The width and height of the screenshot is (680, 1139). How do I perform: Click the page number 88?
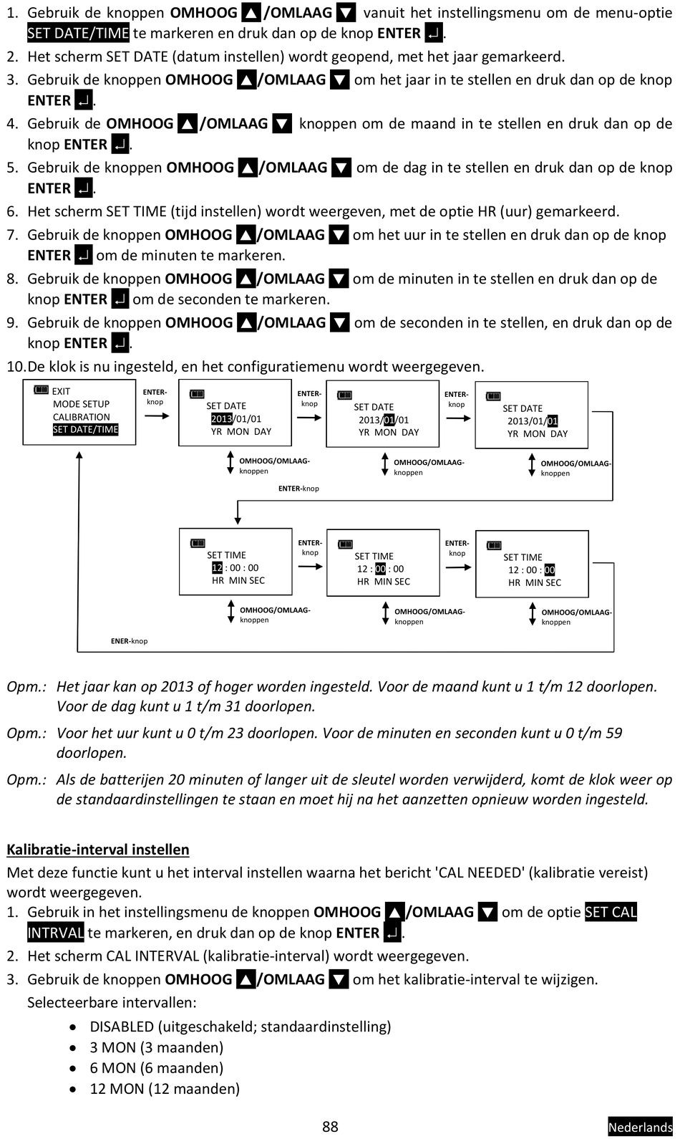click(x=330, y=1126)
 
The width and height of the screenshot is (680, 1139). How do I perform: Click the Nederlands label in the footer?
click(x=640, y=1127)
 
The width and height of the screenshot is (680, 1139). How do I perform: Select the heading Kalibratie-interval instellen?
click(x=98, y=850)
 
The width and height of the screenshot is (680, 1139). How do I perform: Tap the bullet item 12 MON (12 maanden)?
click(x=165, y=1089)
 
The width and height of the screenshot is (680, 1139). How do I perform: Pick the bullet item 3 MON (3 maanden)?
click(x=156, y=1047)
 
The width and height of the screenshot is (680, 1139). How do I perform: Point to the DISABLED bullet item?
click(x=240, y=1027)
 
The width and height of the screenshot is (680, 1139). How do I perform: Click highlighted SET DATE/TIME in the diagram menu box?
click(x=85, y=430)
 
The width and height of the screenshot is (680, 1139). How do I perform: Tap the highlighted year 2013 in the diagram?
click(x=221, y=419)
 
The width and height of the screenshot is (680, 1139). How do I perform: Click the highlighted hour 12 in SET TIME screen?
click(x=217, y=568)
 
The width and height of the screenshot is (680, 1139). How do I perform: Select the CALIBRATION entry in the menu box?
click(x=82, y=417)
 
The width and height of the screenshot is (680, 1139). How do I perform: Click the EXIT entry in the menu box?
click(x=61, y=391)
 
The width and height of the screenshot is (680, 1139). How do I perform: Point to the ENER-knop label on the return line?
click(x=129, y=641)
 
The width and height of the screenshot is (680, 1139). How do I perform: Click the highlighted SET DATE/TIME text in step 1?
click(x=78, y=33)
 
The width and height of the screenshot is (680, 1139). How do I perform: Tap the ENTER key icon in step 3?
click(x=84, y=100)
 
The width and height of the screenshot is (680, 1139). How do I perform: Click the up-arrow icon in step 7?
click(x=246, y=235)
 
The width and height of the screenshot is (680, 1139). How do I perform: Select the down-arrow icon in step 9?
click(x=339, y=323)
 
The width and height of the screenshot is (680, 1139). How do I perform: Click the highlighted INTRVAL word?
click(x=55, y=933)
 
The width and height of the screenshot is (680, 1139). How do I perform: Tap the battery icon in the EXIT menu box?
click(x=41, y=390)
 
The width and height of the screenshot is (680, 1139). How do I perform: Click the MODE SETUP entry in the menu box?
click(x=81, y=404)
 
